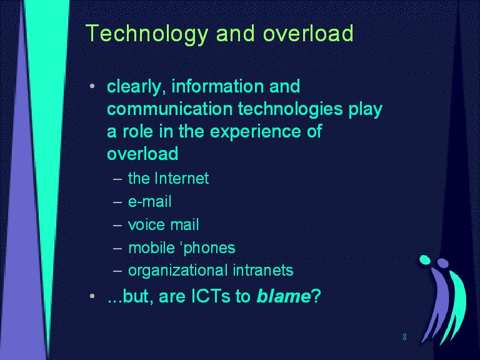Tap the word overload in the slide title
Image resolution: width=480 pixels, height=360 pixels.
click(x=308, y=33)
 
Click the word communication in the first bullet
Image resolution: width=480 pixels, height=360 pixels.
click(x=170, y=109)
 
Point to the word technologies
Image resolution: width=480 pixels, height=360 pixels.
click(x=290, y=109)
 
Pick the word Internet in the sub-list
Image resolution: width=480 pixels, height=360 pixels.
click(x=182, y=178)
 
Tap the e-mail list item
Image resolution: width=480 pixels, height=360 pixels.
click(x=150, y=201)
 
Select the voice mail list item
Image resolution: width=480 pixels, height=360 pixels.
click(x=164, y=224)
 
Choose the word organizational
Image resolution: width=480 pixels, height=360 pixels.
click(x=177, y=271)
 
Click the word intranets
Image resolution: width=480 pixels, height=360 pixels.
click(x=263, y=270)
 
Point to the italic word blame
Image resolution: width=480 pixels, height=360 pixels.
click(x=284, y=296)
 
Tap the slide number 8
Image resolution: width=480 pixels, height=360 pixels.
click(x=405, y=337)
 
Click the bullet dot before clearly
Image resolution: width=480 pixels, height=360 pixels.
click(x=92, y=87)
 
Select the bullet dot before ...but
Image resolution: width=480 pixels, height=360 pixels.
click(x=92, y=296)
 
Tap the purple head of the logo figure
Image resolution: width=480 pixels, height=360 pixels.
click(x=443, y=263)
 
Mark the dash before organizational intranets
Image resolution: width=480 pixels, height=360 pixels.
click(x=117, y=271)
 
